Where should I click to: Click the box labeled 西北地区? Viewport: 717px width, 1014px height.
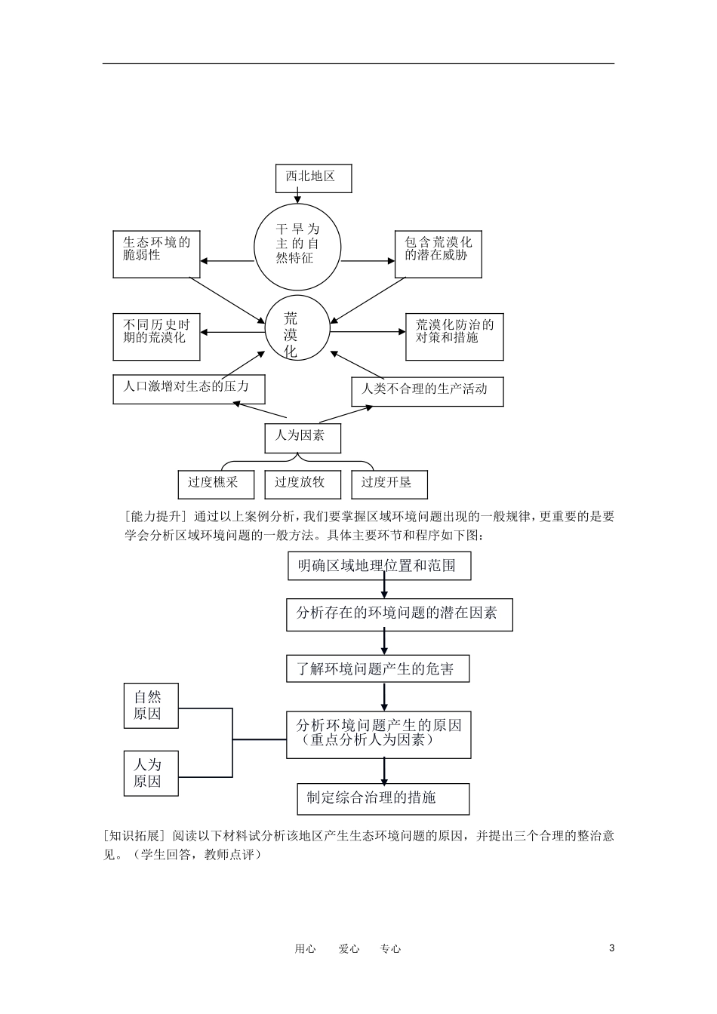pyautogui.click(x=313, y=177)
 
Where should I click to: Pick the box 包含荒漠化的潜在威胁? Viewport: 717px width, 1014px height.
pyautogui.click(x=438, y=254)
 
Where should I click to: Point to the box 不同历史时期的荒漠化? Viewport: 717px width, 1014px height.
pyautogui.click(x=156, y=336)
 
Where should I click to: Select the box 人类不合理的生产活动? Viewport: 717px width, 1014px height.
pyautogui.click(x=427, y=391)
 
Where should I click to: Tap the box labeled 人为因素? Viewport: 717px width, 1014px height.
pyautogui.click(x=302, y=438)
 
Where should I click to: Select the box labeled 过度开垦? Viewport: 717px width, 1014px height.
pyautogui.click(x=389, y=484)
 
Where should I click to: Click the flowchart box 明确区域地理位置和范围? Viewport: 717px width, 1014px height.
pyautogui.click(x=379, y=566)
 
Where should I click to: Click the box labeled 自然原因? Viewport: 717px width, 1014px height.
pyautogui.click(x=150, y=705)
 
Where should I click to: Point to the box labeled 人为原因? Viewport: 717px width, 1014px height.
pyautogui.click(x=150, y=773)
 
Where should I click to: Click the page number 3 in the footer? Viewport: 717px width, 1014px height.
pyautogui.click(x=611, y=948)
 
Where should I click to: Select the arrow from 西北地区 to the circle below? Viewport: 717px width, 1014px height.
pyautogui.click(x=297, y=198)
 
